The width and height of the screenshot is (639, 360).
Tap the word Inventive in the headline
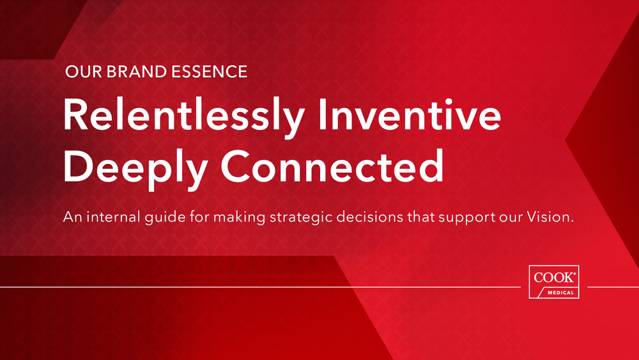(x=410, y=114)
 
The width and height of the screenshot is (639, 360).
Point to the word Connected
(x=332, y=166)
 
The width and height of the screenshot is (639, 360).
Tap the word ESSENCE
(x=210, y=72)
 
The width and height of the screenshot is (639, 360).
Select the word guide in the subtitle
(x=165, y=217)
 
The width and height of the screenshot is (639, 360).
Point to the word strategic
(x=301, y=217)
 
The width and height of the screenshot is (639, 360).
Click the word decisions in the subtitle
(x=369, y=217)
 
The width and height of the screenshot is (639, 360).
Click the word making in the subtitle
(x=239, y=217)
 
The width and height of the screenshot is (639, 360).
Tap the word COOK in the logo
(x=553, y=278)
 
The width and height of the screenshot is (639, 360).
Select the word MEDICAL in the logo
(x=561, y=293)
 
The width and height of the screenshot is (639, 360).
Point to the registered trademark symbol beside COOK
(x=574, y=274)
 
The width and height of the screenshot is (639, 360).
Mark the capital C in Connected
(x=235, y=166)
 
